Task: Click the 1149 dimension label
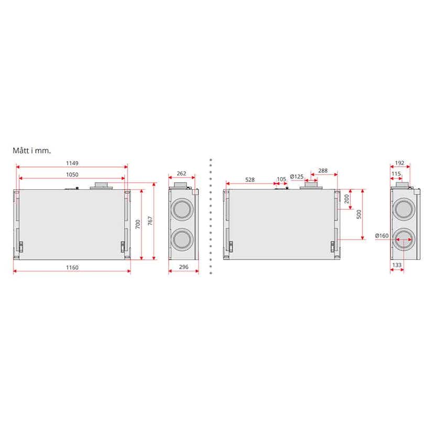[72, 163]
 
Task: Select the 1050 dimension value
[72, 175]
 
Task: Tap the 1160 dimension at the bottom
[72, 267]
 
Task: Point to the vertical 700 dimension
[137, 224]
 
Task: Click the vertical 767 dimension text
[150, 221]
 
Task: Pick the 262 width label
[181, 173]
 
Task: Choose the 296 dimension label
[183, 267]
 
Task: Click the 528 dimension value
[249, 180]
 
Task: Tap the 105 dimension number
[281, 179]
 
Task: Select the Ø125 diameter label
[297, 176]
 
